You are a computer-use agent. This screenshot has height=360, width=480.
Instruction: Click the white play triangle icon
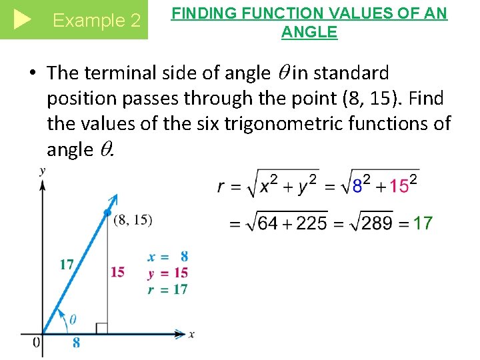22,19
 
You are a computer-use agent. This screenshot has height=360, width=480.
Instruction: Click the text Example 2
97,21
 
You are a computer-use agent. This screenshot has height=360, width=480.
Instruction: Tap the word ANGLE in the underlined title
309,31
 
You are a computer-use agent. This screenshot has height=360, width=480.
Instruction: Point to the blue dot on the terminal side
107,213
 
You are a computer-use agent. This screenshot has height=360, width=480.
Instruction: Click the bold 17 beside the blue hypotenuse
67,265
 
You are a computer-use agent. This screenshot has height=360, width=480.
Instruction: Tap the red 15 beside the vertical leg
117,271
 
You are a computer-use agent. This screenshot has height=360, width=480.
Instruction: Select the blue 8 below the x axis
77,342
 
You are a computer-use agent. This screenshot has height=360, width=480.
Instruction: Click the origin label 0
36,342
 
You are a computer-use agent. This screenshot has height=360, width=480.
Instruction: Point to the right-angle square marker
102,328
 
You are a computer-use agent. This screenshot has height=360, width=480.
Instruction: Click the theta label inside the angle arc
72,320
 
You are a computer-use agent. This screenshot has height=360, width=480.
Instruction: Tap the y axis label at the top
43,171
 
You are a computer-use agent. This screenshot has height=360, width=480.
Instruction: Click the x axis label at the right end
191,334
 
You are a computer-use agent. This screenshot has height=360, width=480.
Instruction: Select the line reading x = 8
168,256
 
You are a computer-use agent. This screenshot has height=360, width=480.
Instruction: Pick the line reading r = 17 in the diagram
168,289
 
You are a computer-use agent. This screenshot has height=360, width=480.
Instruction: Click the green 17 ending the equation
423,223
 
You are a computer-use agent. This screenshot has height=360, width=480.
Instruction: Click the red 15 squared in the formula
403,185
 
